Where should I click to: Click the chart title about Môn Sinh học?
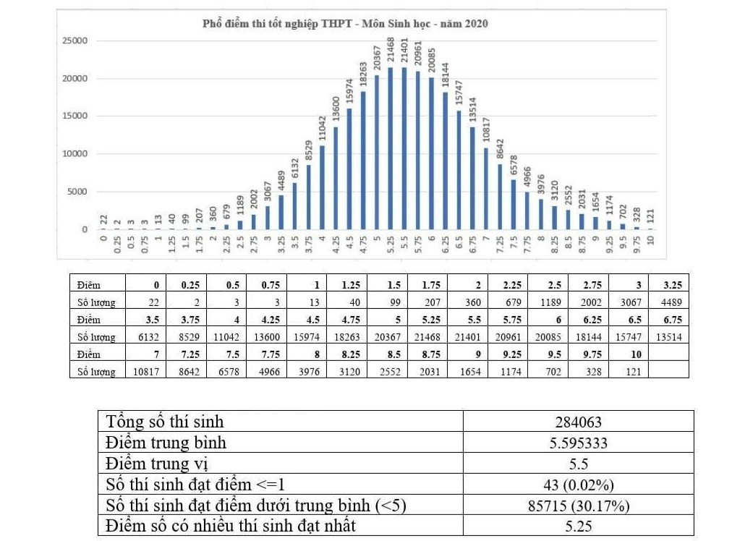point(345,24)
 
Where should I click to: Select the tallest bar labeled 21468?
point(391,148)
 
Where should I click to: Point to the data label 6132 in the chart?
point(295,169)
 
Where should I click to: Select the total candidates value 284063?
point(578,422)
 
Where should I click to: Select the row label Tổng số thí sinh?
point(165,422)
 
